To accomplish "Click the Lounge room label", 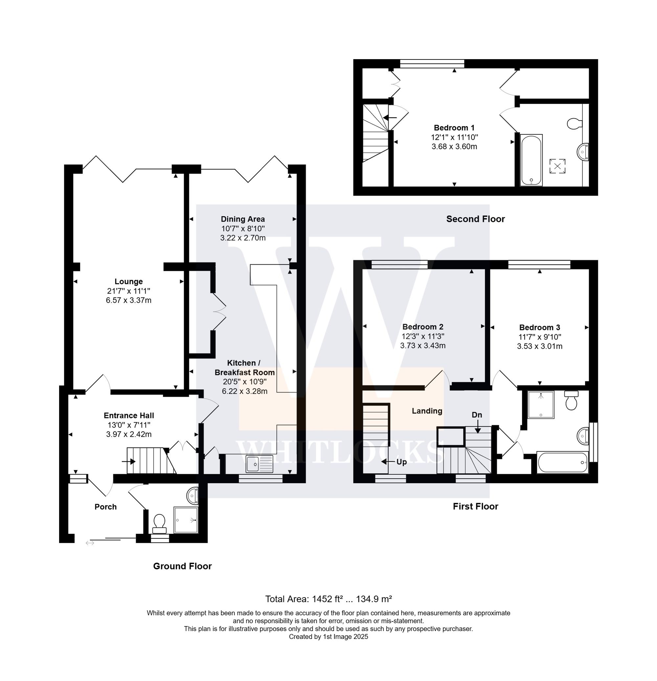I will pos(128,281).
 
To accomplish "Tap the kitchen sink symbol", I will pos(259,464).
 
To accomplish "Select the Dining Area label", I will pos(243,219).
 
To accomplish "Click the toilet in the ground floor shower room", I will pos(159,523).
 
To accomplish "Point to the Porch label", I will pos(105,507).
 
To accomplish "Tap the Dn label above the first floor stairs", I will pos(477,415).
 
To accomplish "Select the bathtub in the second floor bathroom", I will pos(531,160).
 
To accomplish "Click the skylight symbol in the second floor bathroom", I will pos(557,166).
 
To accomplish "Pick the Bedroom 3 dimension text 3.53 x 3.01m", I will pos(539,346).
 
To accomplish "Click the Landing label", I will pos(427,411).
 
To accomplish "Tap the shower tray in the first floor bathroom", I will pos(540,405).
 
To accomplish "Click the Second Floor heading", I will pos(475,219).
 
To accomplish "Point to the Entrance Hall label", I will pos(128,415).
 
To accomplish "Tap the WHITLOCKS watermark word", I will pos(335,452).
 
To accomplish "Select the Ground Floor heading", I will pos(182,566).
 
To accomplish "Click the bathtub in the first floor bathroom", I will pos(562,462).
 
